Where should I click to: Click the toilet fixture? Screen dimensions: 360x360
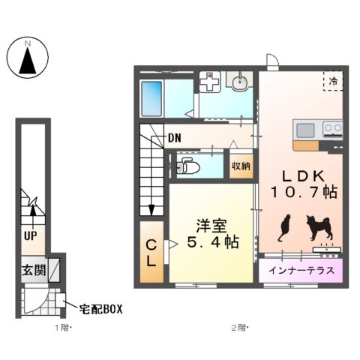coord(185,166)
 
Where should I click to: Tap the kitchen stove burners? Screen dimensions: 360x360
coord(331,129)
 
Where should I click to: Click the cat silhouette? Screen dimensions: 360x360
coord(284,227)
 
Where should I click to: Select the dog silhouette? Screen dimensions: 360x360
coord(317,227)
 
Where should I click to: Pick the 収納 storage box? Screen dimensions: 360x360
coord(241,165)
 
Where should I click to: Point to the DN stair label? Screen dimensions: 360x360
coord(175,138)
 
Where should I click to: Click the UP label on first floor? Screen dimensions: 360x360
coord(31,235)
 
